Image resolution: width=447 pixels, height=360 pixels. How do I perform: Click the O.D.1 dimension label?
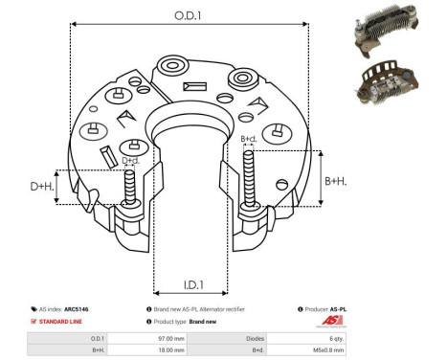189,14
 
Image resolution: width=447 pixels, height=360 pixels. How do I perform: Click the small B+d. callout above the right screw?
249,140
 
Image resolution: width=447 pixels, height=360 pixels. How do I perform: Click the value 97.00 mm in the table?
171,339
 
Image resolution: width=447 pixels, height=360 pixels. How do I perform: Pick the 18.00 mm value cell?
171,351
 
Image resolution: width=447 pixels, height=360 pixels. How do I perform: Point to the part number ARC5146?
89,309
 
